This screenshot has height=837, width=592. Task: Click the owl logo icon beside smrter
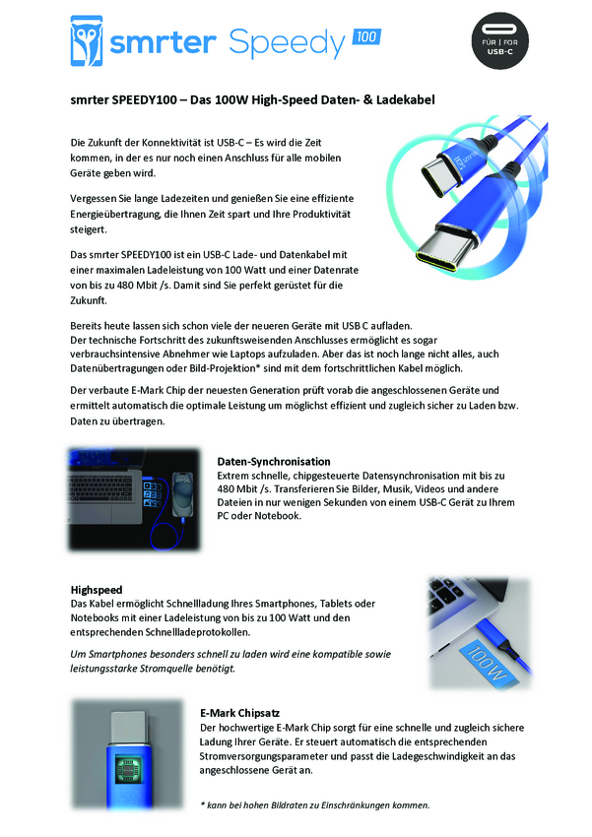tap(87, 41)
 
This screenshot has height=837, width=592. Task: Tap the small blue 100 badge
tap(366, 36)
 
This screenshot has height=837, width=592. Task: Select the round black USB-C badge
tap(499, 41)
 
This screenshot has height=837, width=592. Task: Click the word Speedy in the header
tap(288, 42)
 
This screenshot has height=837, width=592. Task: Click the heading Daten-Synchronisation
tap(274, 462)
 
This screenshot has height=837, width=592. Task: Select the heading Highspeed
tap(97, 590)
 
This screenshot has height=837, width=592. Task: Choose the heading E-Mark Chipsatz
tap(239, 713)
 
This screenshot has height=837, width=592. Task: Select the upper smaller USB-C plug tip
tap(438, 177)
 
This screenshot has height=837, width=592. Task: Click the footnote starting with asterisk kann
tap(315, 805)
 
